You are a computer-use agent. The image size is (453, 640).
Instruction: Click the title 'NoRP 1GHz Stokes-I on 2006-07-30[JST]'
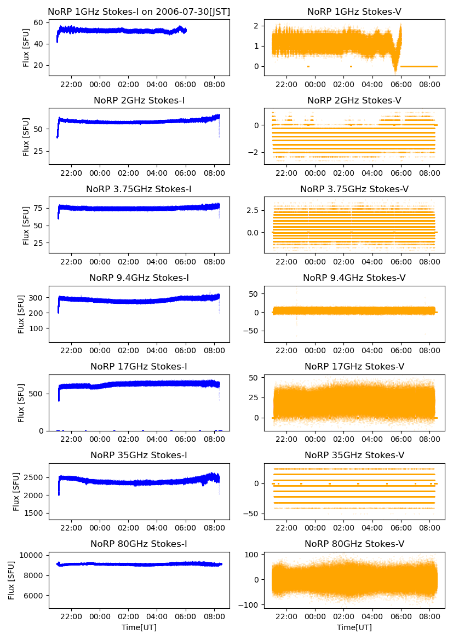(x=139, y=11)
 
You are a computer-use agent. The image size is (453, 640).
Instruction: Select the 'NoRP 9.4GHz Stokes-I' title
(x=139, y=278)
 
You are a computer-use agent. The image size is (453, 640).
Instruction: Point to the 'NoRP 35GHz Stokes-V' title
(x=354, y=455)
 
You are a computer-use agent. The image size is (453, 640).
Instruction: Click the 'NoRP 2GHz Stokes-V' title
(x=354, y=100)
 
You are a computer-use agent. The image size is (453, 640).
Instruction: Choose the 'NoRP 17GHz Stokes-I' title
(x=139, y=366)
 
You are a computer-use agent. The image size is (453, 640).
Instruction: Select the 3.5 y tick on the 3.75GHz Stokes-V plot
(x=252, y=210)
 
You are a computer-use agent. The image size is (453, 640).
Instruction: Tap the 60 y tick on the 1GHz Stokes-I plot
(x=39, y=22)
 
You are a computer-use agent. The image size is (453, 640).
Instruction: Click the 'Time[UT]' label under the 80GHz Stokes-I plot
(x=139, y=627)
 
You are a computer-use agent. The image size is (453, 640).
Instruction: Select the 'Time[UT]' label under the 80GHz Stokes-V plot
(x=354, y=627)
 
